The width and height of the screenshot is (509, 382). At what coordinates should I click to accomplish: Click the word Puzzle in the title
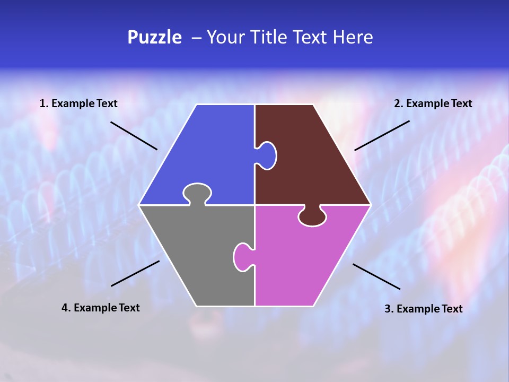point(154,38)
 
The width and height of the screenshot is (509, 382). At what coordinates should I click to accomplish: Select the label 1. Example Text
point(78,103)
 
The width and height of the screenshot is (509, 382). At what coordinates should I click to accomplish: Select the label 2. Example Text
point(433,103)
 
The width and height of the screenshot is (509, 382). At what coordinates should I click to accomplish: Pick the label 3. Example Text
point(423,309)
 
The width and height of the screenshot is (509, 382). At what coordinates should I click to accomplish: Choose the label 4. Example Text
point(101,308)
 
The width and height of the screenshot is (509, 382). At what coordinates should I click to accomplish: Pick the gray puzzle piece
point(196,255)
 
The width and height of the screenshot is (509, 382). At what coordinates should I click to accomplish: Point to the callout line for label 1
point(134,136)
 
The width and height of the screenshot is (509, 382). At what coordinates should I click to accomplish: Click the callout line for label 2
point(382,135)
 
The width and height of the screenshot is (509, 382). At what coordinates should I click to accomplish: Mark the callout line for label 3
point(376,276)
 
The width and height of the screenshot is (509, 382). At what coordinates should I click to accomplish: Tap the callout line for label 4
point(135,273)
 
